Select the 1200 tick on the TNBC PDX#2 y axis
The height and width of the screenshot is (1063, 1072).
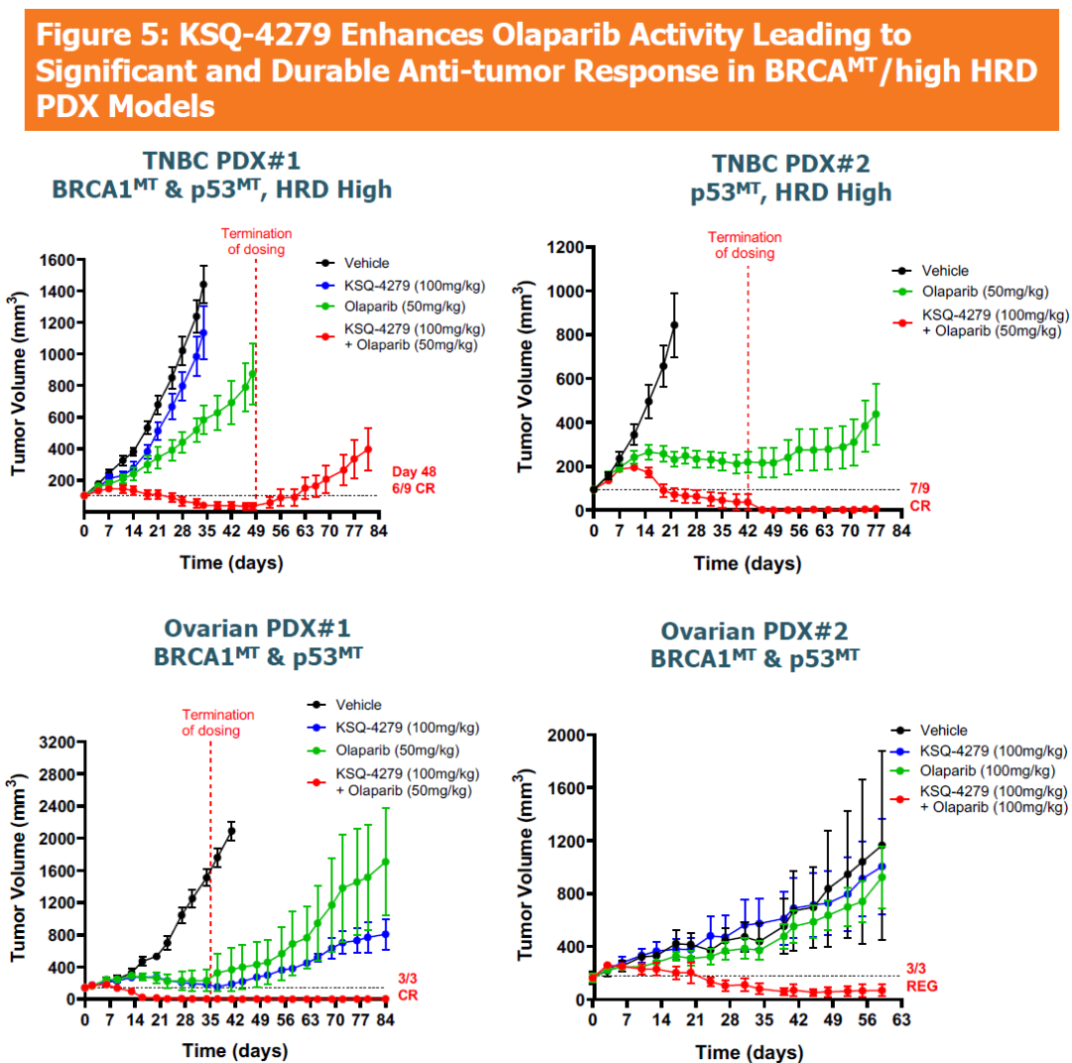coord(562,247)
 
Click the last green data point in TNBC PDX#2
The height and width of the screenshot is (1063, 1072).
coord(875,414)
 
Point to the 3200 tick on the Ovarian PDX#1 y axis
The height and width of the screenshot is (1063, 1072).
coord(53,741)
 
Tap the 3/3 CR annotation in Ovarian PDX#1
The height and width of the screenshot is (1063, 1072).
coord(409,986)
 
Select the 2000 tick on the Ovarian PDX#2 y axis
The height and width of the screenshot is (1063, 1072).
coord(563,735)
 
